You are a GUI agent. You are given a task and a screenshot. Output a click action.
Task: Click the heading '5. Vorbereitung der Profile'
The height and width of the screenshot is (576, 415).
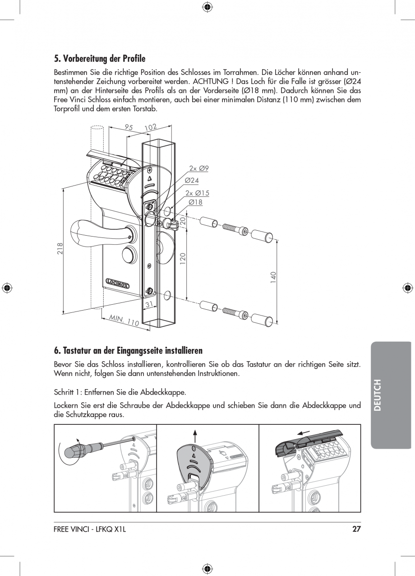(100, 59)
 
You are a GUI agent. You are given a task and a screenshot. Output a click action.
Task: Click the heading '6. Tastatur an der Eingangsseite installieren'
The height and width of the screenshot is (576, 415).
(128, 351)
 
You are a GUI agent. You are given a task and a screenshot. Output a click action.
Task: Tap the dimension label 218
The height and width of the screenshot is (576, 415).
(60, 249)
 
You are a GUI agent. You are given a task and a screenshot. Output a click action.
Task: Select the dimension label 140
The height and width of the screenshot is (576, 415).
(273, 277)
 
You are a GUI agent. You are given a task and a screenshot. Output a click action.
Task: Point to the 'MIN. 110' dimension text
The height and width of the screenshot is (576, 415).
(124, 321)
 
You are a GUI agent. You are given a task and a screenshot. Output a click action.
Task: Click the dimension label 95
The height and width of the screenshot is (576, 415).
(129, 128)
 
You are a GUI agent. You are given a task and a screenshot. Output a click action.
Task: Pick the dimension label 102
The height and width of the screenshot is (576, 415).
(150, 127)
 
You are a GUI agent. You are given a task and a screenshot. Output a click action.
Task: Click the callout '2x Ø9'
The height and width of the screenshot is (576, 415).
(198, 168)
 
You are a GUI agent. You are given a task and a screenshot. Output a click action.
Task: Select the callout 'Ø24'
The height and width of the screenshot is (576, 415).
(192, 181)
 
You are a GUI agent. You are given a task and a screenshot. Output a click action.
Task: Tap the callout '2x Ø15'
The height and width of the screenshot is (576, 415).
(198, 193)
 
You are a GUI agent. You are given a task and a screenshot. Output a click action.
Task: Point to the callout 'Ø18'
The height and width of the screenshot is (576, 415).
(195, 202)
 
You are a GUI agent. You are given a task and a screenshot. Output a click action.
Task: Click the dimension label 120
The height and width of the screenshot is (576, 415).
(183, 258)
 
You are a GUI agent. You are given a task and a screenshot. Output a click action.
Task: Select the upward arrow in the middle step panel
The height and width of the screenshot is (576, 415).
(195, 436)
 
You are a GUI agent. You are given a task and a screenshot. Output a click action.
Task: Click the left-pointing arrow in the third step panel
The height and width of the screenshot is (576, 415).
(304, 433)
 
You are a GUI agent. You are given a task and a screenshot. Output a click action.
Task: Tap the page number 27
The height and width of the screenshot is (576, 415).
(356, 530)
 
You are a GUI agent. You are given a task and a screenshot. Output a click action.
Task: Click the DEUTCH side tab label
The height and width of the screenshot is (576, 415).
(378, 395)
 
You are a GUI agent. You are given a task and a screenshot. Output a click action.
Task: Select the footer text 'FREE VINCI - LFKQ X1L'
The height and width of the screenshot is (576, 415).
(89, 530)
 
